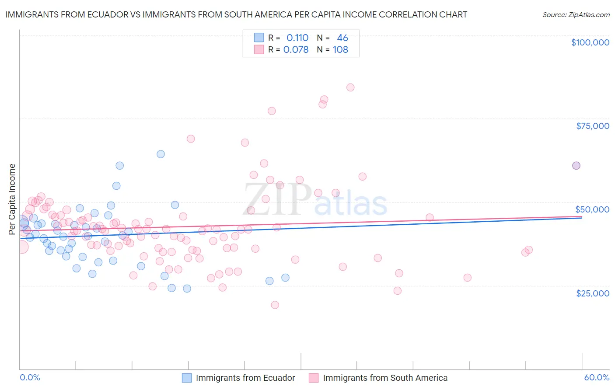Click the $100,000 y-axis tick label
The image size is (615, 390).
click(x=590, y=42)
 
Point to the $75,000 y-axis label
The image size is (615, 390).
click(x=593, y=126)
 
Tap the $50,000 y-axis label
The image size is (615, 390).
click(x=592, y=209)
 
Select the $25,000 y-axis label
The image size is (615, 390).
click(x=593, y=293)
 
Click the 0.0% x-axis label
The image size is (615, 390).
click(x=30, y=377)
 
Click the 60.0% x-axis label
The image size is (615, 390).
click(x=597, y=377)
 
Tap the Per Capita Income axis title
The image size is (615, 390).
click(x=12, y=199)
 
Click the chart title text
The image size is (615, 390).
click(x=236, y=14)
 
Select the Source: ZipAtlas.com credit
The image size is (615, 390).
click(x=576, y=15)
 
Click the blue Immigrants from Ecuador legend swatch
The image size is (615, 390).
click(x=187, y=378)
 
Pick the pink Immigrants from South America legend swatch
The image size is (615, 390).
click(x=314, y=378)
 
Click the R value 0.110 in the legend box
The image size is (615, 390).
click(x=297, y=38)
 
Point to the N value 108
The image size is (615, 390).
click(x=340, y=50)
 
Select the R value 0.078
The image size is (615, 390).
click(x=296, y=50)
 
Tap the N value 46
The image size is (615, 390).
click(x=342, y=38)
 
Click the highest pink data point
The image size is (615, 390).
click(x=350, y=87)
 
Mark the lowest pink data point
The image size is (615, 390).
click(x=275, y=305)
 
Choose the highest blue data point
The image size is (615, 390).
click(x=161, y=154)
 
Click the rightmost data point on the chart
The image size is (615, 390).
click(x=576, y=165)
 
